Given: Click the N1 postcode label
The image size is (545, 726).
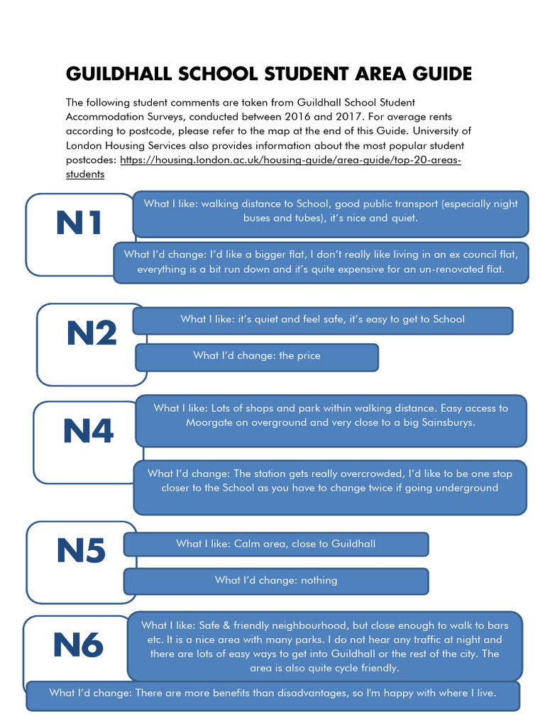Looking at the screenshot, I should pyautogui.click(x=79, y=224).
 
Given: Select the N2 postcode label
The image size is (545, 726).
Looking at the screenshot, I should pyautogui.click(x=92, y=333).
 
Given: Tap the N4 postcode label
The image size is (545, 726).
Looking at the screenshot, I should pyautogui.click(x=88, y=431).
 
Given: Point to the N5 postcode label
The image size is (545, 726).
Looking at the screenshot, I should pyautogui.click(x=81, y=551).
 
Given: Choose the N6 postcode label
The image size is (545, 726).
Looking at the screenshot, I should pyautogui.click(x=78, y=645).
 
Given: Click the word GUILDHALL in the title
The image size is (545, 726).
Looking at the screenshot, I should pyautogui.click(x=116, y=74).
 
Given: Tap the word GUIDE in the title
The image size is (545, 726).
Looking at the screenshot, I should pyautogui.click(x=439, y=74).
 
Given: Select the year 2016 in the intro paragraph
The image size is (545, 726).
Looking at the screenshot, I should pyautogui.click(x=336, y=116).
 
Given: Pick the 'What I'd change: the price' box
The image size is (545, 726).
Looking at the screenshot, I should pyautogui.click(x=257, y=356).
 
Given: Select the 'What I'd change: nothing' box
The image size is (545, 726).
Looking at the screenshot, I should pyautogui.click(x=276, y=580).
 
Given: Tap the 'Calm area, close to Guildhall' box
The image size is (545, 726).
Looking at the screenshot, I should pyautogui.click(x=276, y=544).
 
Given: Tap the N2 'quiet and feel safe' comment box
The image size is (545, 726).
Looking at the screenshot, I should pyautogui.click(x=322, y=319).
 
